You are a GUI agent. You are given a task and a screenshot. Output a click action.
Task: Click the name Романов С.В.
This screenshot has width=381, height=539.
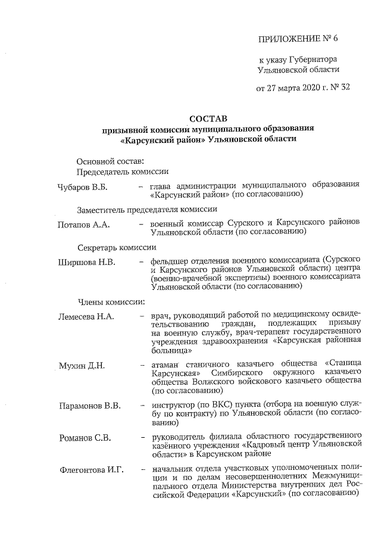85,439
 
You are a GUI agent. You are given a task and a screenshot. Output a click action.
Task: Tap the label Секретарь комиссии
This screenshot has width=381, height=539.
117,247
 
